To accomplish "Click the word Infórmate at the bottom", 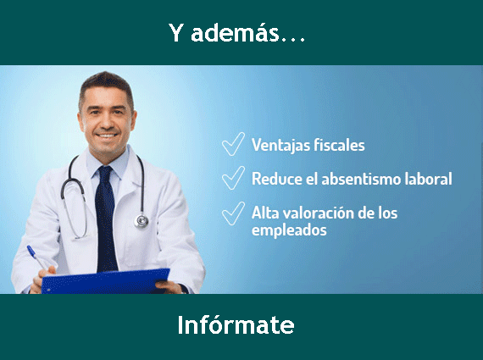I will tap(236, 325).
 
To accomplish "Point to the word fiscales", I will tap(341, 145).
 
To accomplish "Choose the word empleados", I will tap(289, 230).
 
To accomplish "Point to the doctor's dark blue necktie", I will tap(106, 212).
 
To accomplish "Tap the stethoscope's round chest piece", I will tap(141, 220).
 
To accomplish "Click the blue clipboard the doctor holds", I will tap(106, 280).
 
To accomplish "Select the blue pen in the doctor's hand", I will tap(36, 257).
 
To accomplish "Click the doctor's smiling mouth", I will tap(108, 134).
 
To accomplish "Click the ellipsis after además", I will tap(291, 39).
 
